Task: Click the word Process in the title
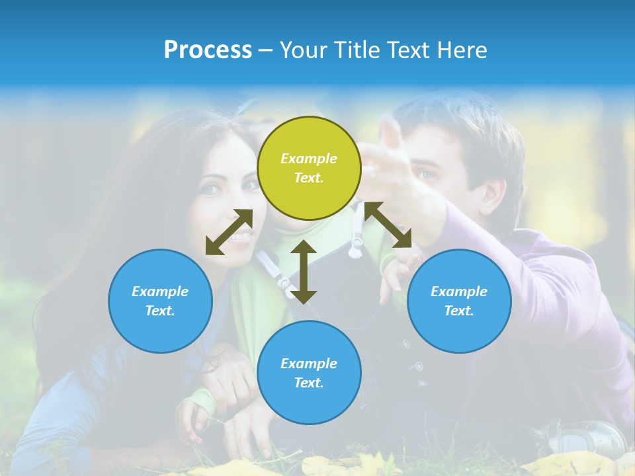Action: point(208,50)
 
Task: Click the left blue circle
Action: point(160,301)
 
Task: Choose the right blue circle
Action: point(459,301)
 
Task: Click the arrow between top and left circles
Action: point(229,232)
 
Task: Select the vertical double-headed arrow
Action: point(304,272)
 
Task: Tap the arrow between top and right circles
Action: point(388,225)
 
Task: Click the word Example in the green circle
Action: point(309,159)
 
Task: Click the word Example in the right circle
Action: point(459,292)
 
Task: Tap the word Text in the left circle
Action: point(159,311)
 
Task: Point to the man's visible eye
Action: point(425,175)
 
